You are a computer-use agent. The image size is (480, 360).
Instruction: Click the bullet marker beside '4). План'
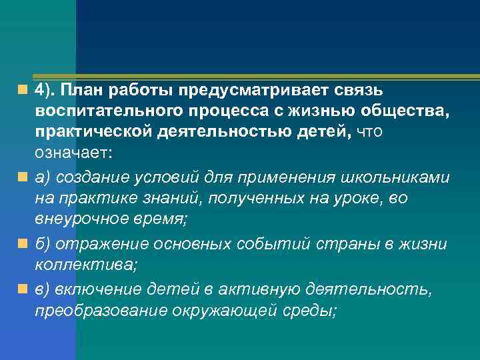click(23, 89)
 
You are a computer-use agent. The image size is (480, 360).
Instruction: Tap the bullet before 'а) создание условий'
click(23, 177)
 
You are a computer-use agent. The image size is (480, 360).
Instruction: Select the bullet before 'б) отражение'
click(23, 243)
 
